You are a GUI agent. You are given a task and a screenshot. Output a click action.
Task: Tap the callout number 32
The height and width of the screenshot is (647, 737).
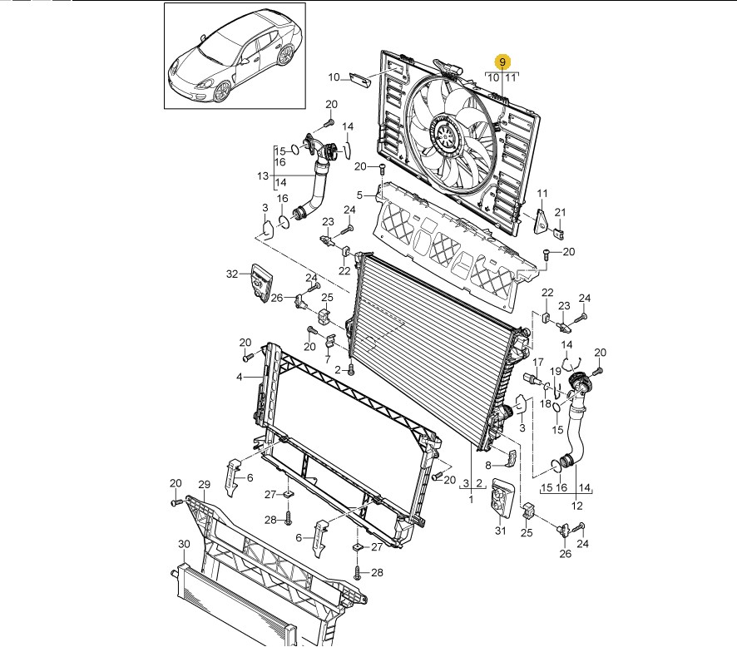coord(232,274)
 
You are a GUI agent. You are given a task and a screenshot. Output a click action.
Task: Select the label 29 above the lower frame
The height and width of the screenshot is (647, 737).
coord(204,485)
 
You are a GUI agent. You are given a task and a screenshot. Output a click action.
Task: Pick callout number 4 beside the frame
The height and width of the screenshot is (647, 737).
coord(239,377)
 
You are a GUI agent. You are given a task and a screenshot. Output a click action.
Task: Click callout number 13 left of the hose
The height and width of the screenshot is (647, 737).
coord(263,176)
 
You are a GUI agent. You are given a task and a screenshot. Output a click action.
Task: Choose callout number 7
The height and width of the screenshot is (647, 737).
coord(328,360)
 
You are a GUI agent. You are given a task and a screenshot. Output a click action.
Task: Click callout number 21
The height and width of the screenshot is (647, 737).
coord(560,212)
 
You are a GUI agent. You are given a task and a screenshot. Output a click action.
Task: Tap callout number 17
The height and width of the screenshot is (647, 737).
coord(537,362)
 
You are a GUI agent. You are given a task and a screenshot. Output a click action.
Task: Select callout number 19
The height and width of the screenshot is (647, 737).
coord(556,371)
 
